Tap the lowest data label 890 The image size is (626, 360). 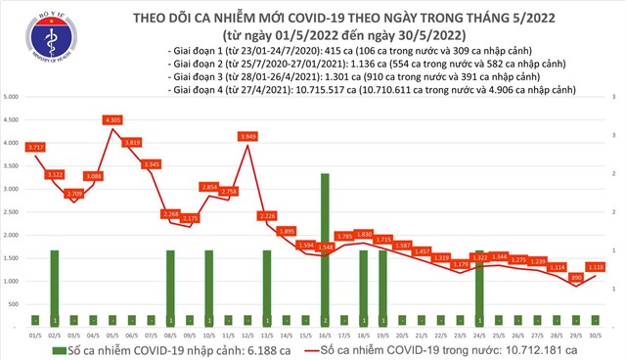click(x=577, y=278)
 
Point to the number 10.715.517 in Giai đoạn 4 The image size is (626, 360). click(x=351, y=88)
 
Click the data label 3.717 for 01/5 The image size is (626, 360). click(x=36, y=147)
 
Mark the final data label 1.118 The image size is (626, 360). click(x=597, y=265)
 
